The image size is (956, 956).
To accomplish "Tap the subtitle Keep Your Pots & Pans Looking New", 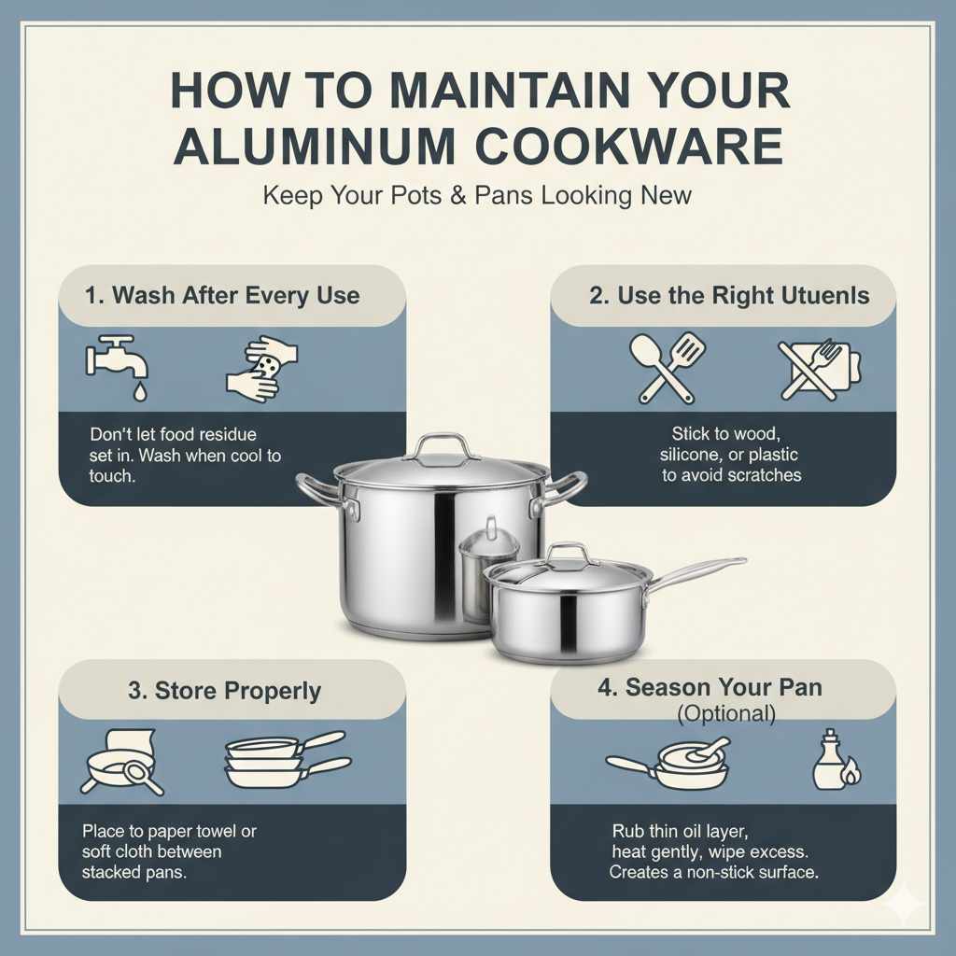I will point(477,196).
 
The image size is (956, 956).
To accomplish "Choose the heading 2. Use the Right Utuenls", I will point(729,296).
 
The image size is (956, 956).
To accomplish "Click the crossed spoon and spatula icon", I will point(668,368).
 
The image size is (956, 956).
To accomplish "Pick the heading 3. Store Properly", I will point(224,691).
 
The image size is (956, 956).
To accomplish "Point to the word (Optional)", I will point(726,714).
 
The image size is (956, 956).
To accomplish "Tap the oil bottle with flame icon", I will point(834,761).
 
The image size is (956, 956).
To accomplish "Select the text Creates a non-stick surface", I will point(715,871).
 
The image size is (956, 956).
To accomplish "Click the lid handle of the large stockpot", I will point(441,446).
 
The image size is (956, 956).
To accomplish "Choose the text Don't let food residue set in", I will point(173,444).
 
